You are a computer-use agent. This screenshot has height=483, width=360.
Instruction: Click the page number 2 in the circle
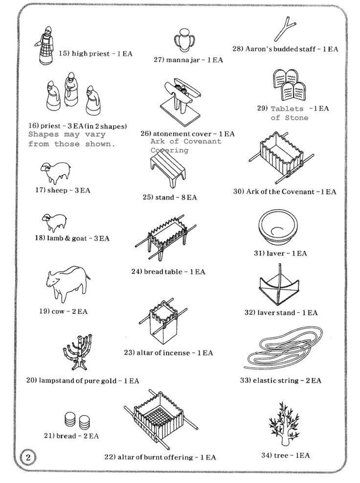click(x=28, y=457)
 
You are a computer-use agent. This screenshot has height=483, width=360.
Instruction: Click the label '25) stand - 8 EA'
click(x=170, y=197)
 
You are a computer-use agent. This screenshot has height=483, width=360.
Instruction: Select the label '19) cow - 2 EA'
click(x=63, y=311)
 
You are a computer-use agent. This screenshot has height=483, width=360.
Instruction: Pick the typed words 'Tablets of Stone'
click(x=290, y=113)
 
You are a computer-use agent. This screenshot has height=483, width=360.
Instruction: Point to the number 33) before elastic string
click(x=246, y=380)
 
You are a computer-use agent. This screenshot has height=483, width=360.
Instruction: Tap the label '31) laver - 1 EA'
click(x=280, y=253)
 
